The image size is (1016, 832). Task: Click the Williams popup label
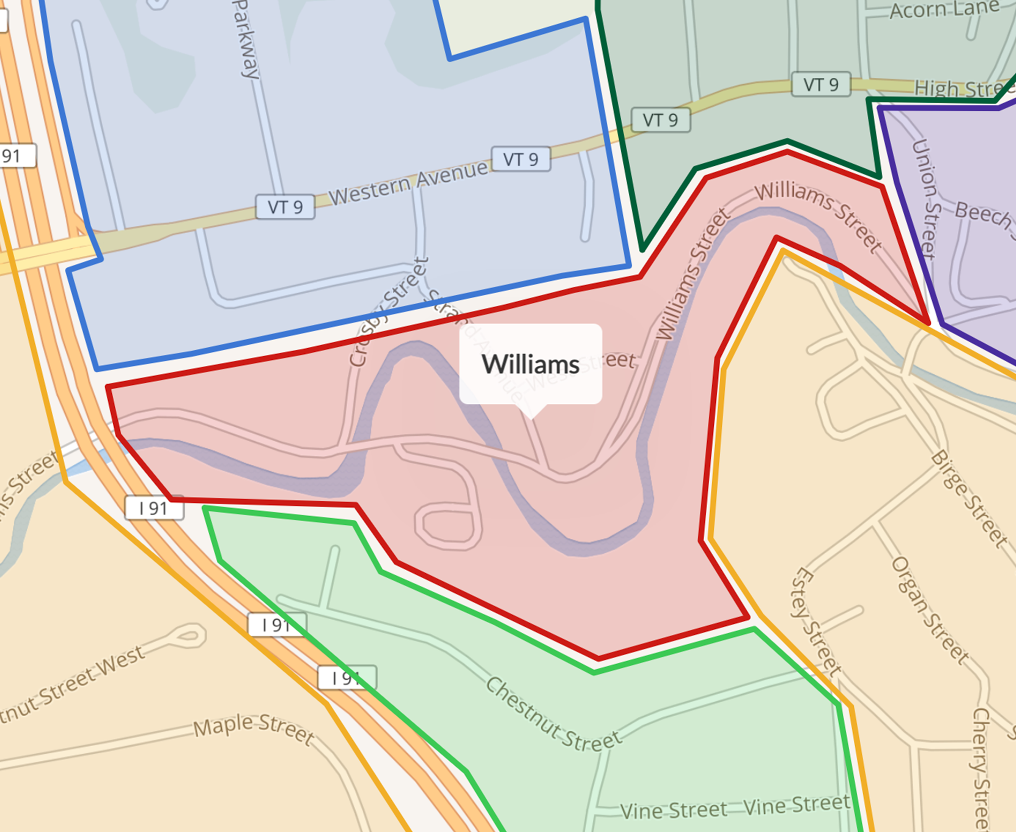click(x=530, y=364)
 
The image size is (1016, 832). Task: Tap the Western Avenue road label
click(x=408, y=183)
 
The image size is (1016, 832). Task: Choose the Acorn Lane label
click(x=944, y=10)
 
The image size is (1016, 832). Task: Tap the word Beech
click(x=983, y=215)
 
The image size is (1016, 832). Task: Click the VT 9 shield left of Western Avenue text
click(x=285, y=207)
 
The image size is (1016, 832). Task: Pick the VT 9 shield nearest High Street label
click(x=820, y=84)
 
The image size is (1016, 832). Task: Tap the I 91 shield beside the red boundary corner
click(x=154, y=508)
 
